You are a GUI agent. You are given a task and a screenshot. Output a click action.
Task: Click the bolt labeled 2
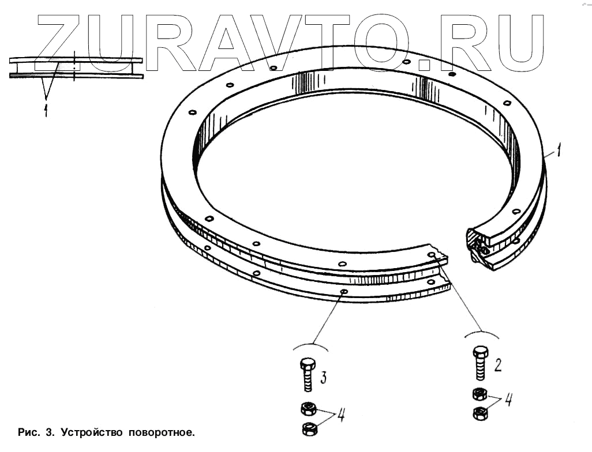coord(479,363)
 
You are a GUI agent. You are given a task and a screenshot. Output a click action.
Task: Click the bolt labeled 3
coord(308,374)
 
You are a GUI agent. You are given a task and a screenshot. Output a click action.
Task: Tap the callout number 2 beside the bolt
coord(497,364)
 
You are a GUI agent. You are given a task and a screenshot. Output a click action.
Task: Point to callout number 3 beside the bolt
coord(323,378)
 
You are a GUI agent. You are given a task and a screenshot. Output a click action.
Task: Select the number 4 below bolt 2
coord(508,400)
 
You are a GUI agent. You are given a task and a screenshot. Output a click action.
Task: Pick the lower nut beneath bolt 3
coord(309,428)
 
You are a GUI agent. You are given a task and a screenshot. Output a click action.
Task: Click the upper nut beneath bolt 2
coord(478,395)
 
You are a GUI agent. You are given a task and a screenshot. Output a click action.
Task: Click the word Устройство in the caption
coord(92,432)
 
